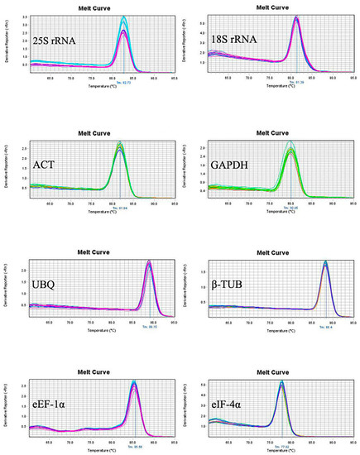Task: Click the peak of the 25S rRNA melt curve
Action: coord(124,18)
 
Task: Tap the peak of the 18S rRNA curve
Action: coord(296,18)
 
